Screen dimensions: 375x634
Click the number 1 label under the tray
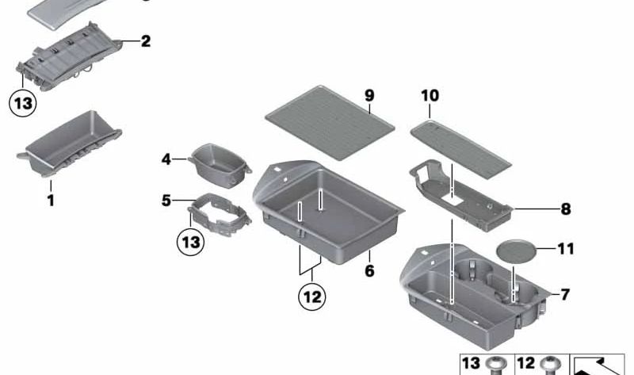coord(51,201)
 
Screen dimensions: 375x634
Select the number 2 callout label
coord(145,41)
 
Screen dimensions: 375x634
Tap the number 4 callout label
coord(166,159)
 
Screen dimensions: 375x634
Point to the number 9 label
coord(369,96)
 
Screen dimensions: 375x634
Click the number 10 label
coord(429,96)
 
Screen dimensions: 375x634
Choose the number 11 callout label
coord(564,249)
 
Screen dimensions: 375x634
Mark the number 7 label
coord(564,295)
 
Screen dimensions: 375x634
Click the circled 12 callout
coord(311,298)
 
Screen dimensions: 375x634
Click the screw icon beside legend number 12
coord(546,365)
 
